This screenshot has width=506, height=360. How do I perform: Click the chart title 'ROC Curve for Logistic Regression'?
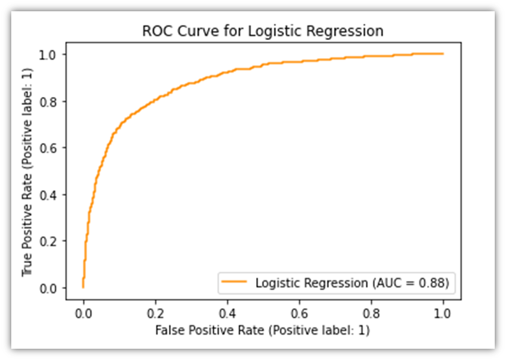[x=263, y=31]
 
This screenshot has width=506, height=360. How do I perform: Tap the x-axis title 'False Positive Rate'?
[x=263, y=330]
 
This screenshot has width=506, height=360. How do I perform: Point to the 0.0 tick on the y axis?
[x=50, y=288]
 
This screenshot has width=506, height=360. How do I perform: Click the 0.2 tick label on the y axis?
[x=50, y=241]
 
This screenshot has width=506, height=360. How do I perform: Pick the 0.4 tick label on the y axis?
[x=50, y=194]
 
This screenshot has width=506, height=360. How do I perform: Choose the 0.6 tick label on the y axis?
[x=50, y=148]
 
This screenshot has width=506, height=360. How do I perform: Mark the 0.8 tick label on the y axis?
[x=50, y=101]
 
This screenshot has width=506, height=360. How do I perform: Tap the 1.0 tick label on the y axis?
[x=50, y=54]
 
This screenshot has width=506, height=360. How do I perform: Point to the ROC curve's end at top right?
[x=443, y=54]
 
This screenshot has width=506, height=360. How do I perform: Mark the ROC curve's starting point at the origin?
[x=83, y=287]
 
